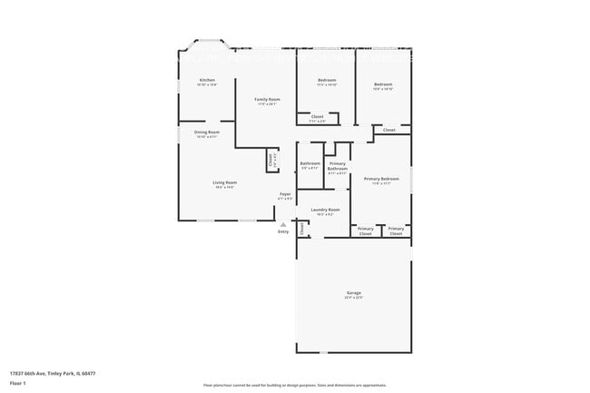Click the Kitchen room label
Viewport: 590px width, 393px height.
click(207, 81)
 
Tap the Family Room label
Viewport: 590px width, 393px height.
click(266, 99)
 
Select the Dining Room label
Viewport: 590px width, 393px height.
click(207, 133)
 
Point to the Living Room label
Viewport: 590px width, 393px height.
click(225, 184)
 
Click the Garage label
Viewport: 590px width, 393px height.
click(353, 293)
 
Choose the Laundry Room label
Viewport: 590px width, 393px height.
click(325, 211)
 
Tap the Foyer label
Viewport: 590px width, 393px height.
click(285, 194)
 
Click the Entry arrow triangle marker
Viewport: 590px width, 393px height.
click(283, 224)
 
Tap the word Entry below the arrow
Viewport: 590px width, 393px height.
click(283, 232)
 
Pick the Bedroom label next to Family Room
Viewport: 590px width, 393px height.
click(327, 81)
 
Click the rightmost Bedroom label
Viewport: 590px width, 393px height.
click(383, 85)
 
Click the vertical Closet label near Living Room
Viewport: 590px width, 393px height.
click(270, 160)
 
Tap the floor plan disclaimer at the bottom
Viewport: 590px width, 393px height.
click(295, 386)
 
